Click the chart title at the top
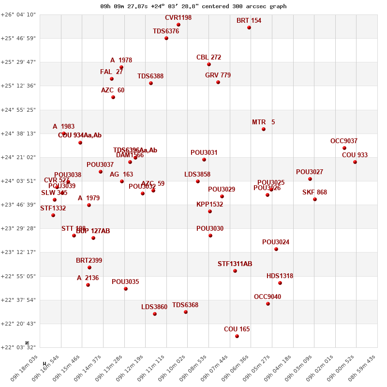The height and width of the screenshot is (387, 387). (193, 6)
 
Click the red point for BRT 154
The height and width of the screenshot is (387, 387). (249, 28)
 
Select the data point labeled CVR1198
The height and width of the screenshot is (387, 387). (179, 25)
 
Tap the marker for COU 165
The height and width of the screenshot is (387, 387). (237, 336)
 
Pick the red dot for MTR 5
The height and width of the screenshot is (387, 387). (264, 129)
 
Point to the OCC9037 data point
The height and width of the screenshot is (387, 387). (344, 148)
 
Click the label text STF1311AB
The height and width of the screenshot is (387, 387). (235, 264)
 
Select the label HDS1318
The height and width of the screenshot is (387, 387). (280, 276)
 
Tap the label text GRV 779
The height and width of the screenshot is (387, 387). (218, 75)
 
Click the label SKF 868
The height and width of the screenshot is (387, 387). (314, 193)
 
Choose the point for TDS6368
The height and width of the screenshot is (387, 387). (186, 312)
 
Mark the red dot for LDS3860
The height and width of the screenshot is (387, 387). (155, 314)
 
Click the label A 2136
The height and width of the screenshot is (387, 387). (88, 278)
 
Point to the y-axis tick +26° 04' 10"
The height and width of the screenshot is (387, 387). (18, 15)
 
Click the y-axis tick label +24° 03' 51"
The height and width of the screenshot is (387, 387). (18, 181)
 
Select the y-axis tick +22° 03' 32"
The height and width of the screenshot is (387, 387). (18, 347)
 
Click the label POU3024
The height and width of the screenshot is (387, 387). (276, 242)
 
